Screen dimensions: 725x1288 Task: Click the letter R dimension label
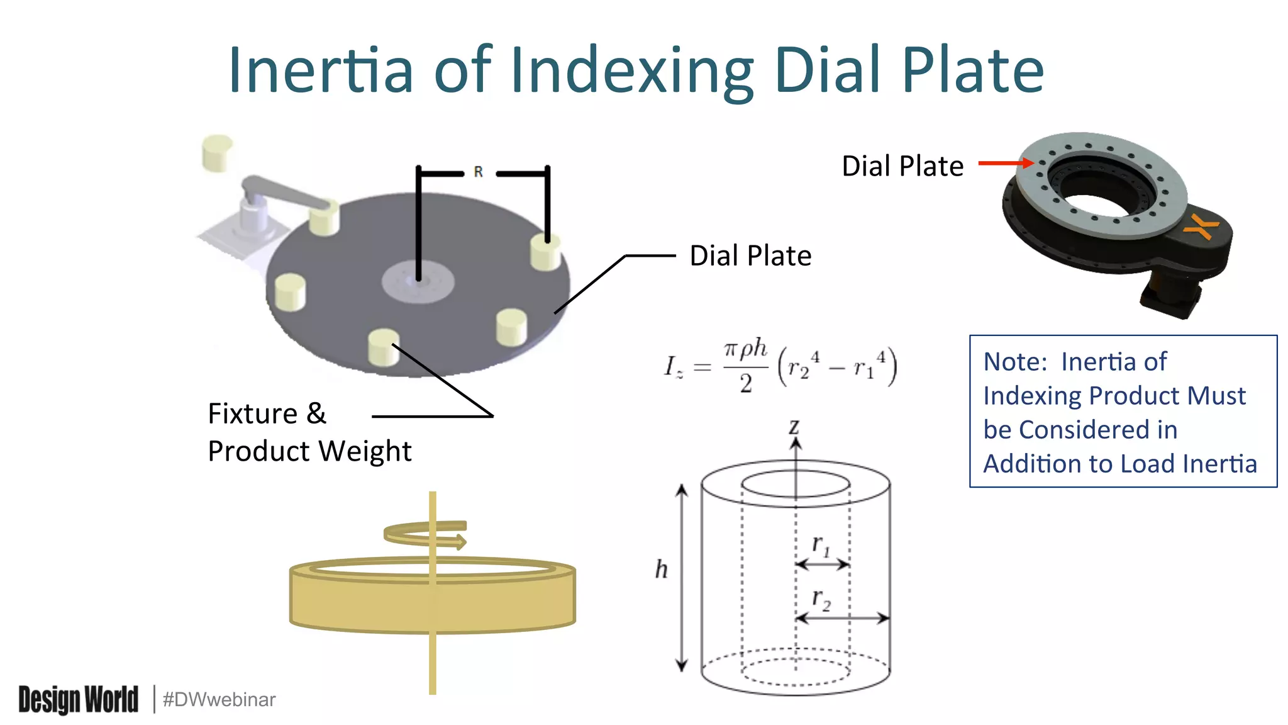[478, 172]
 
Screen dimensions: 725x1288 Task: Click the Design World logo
[78, 699]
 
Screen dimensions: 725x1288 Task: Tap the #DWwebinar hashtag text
[219, 699]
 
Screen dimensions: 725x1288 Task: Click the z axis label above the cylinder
[794, 427]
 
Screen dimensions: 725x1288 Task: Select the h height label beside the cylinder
[661, 569]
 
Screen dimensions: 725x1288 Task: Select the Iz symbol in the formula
[673, 366]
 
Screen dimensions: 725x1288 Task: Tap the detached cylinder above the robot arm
[217, 152]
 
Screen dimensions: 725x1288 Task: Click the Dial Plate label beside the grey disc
[750, 256]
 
